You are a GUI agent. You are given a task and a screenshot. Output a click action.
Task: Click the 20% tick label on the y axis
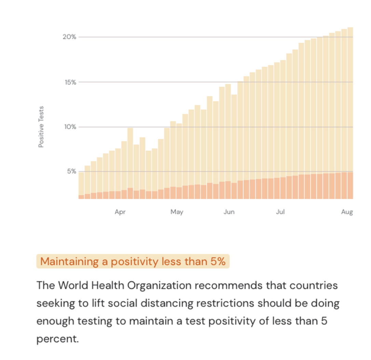point(69,37)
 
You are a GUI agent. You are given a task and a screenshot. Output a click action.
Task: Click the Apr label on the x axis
point(120,212)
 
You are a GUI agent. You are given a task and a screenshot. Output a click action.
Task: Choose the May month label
point(177,212)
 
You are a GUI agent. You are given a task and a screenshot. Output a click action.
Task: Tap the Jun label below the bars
point(229,212)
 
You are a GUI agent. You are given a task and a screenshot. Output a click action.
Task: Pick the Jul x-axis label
point(280,212)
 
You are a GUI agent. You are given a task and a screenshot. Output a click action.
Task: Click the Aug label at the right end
point(347,212)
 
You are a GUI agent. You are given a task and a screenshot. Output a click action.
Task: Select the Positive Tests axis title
point(41,127)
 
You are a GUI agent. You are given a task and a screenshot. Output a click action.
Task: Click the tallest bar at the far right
point(350,113)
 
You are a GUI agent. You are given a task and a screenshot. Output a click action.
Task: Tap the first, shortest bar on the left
point(81,184)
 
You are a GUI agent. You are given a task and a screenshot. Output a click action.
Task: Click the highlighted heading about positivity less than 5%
point(133,262)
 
